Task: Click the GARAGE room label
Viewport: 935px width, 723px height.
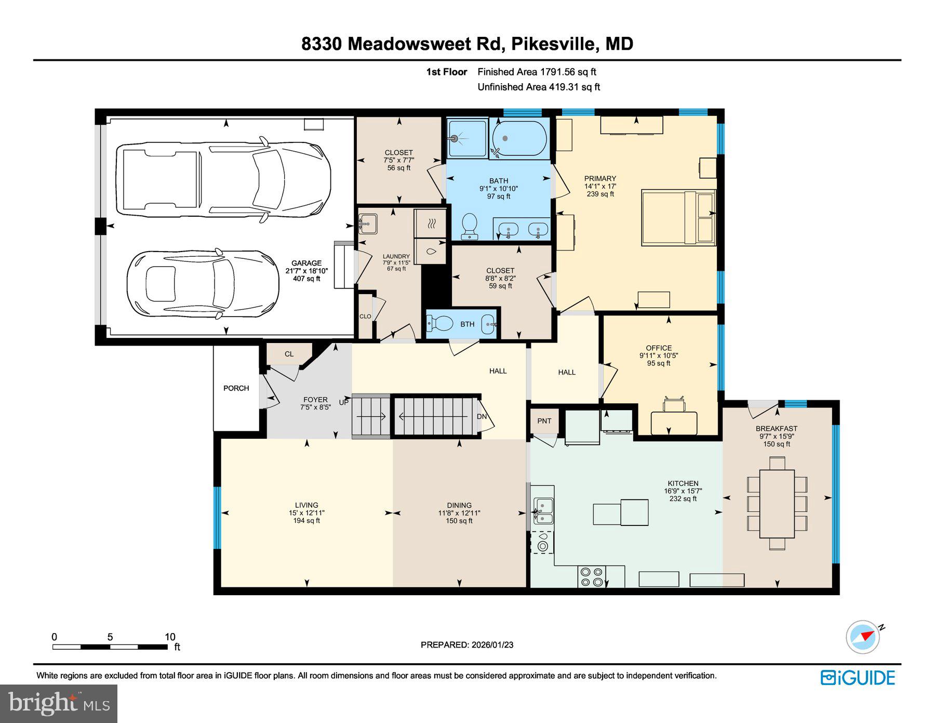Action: [x=306, y=264]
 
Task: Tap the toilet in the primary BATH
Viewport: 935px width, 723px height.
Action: [x=470, y=227]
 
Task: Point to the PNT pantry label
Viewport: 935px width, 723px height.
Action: [x=544, y=421]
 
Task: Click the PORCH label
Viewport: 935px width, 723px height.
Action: [x=236, y=388]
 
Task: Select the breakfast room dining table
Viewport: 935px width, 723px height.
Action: [x=777, y=503]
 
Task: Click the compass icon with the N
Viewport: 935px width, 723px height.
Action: [x=863, y=636]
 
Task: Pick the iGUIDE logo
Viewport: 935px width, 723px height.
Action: [x=858, y=678]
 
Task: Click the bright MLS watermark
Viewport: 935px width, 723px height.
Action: [x=59, y=703]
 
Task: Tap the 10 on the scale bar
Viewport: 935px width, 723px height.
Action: [x=170, y=637]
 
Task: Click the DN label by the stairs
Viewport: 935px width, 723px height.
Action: [x=482, y=416]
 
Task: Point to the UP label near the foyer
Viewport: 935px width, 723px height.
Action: [x=344, y=402]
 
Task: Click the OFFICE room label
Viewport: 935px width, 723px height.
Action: [x=659, y=348]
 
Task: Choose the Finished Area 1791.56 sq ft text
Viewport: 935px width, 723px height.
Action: [x=537, y=72]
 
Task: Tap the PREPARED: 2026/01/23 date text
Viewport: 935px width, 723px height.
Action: [x=467, y=645]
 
